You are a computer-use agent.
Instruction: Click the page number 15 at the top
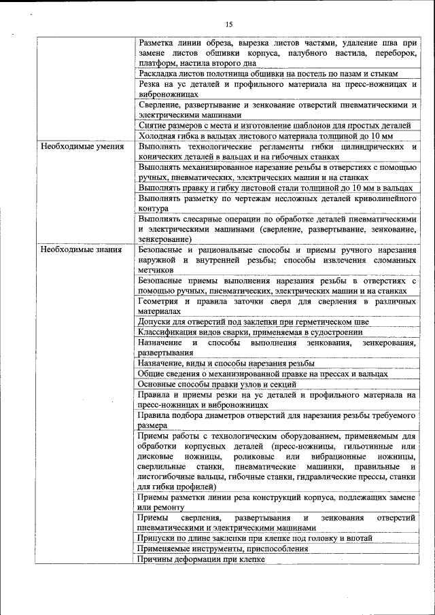[228, 24]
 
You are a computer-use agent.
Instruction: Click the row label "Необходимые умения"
[82, 146]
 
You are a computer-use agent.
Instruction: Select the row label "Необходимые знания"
[82, 249]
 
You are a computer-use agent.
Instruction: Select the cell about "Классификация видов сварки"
[250, 332]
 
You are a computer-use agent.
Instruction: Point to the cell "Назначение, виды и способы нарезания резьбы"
[226, 364]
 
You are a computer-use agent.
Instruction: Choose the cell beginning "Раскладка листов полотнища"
[268, 73]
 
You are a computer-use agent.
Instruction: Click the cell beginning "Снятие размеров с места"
[274, 126]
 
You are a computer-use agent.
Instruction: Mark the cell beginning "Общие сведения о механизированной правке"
[262, 374]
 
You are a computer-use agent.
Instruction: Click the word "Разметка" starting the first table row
[156, 42]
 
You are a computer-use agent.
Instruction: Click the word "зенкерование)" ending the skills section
[164, 239]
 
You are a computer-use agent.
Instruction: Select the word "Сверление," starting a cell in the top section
[160, 105]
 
